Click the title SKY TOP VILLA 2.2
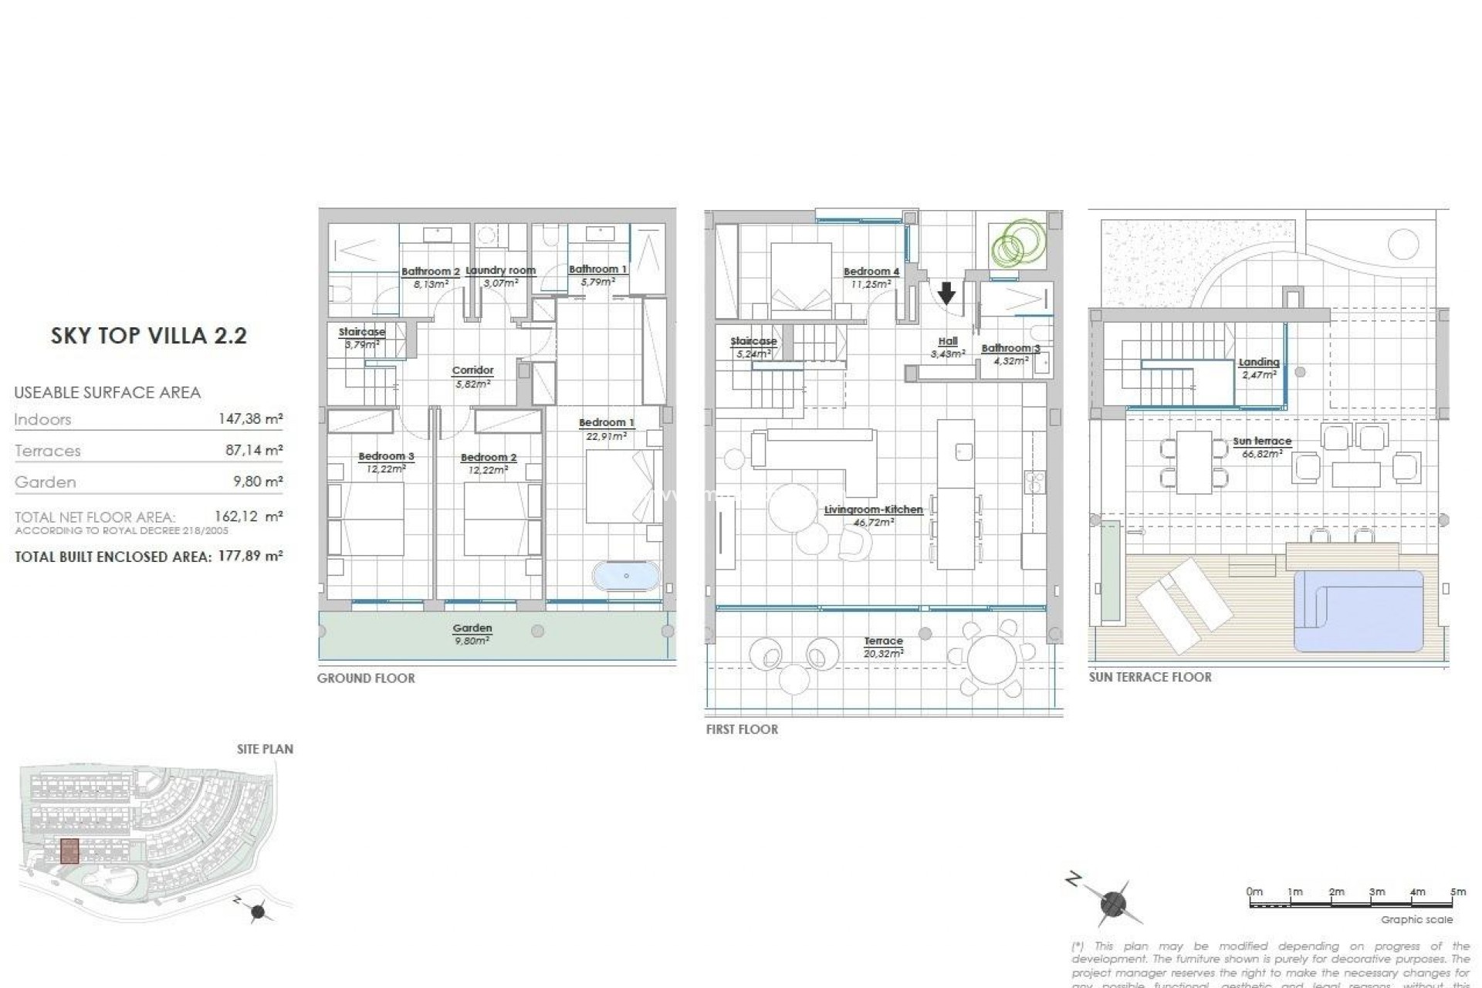click(x=148, y=336)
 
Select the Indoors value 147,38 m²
click(x=250, y=419)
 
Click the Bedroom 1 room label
click(x=606, y=423)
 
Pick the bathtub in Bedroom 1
click(x=626, y=576)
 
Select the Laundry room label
click(x=500, y=271)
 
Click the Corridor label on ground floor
click(x=472, y=370)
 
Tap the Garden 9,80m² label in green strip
click(x=472, y=634)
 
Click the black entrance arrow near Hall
click(x=946, y=293)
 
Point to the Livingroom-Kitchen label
click(x=873, y=510)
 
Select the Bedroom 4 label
click(x=871, y=272)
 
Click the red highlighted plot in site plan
click(x=69, y=851)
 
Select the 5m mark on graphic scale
click(x=1457, y=892)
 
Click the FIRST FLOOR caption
click(x=741, y=729)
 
